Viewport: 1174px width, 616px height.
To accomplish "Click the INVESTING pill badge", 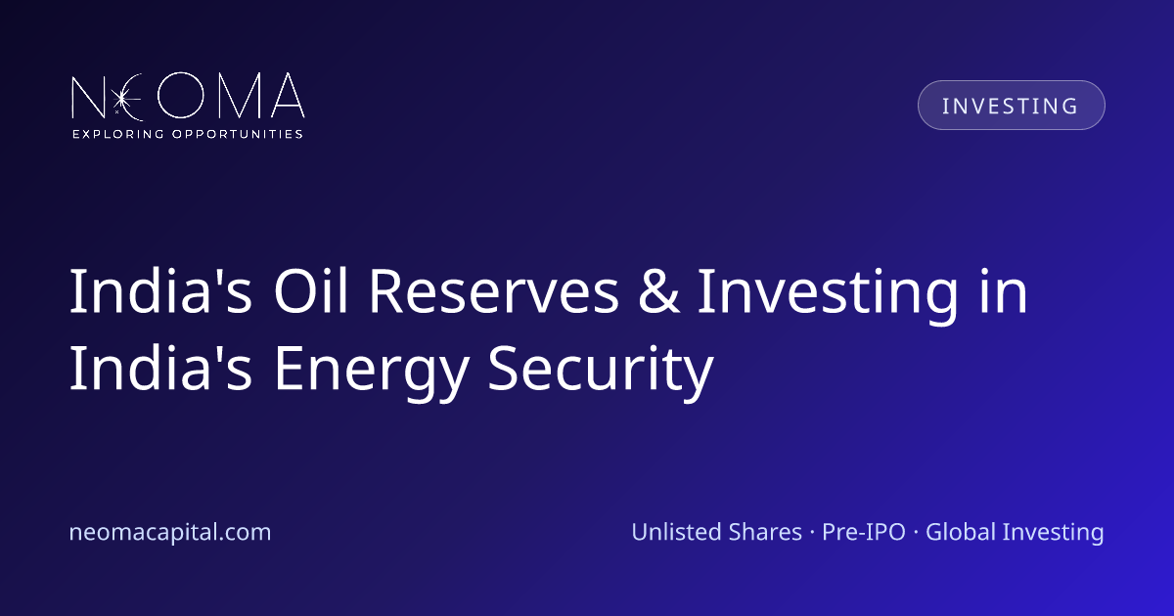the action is [x=1011, y=105].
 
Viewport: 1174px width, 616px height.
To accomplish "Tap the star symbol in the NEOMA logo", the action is [x=122, y=98].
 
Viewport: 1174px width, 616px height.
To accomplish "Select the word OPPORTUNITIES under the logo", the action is [x=238, y=134].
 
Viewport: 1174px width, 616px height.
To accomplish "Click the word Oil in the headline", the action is [x=311, y=290].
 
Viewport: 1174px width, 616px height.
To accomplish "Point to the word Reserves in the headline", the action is [x=494, y=290].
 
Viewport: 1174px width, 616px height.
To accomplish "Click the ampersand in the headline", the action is [x=658, y=290].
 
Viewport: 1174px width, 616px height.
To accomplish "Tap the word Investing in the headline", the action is [x=828, y=296].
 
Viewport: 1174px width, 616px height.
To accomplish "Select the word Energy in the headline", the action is [x=371, y=373].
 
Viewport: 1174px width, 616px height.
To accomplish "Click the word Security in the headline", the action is [x=601, y=373].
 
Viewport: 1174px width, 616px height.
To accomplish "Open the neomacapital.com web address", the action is [x=170, y=532].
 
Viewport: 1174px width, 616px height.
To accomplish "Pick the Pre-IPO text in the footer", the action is [x=864, y=532].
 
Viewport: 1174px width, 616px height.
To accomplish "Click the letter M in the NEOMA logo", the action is [x=240, y=96].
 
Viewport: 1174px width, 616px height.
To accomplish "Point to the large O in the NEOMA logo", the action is [x=180, y=95].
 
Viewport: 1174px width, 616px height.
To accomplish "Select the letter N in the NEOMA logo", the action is [x=89, y=97].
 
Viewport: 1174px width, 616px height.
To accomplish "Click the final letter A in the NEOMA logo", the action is [x=288, y=96].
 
